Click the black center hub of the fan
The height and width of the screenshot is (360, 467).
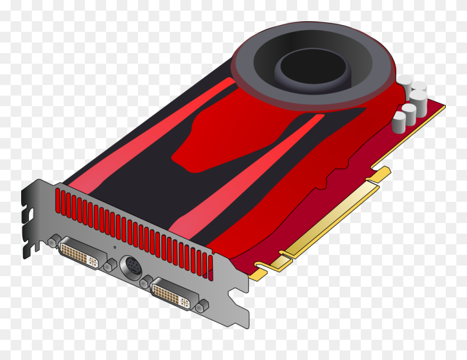[x=313, y=68]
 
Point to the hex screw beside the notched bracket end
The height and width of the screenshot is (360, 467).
[x=52, y=242]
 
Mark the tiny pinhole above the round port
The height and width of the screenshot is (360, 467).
[x=114, y=247]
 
